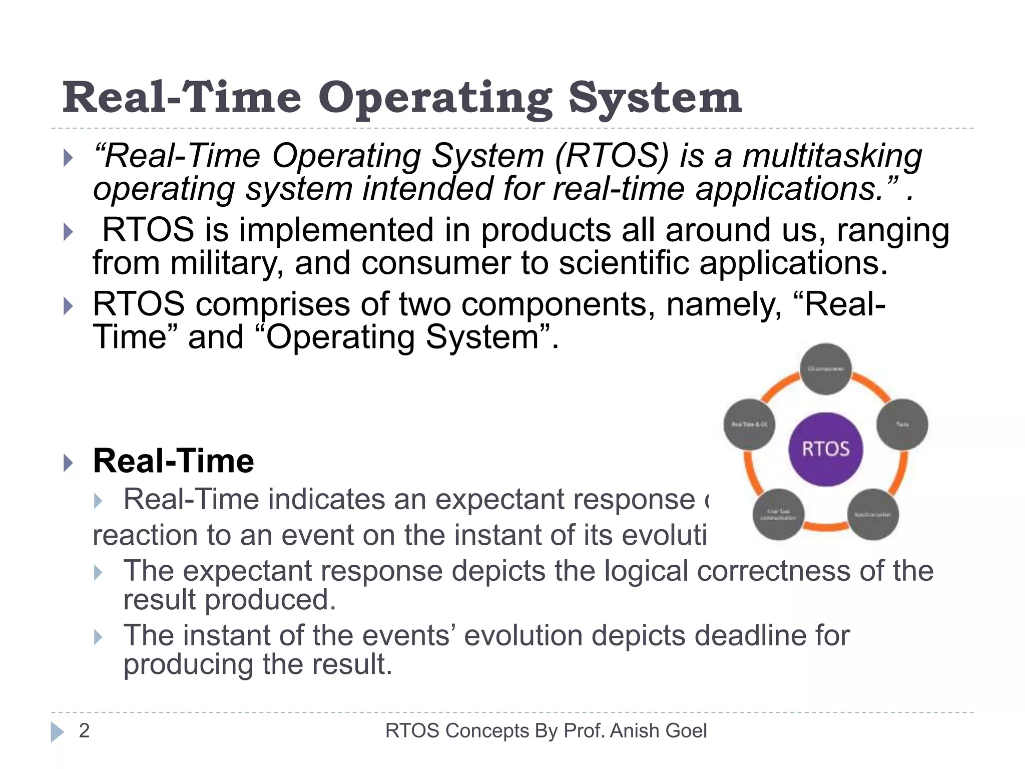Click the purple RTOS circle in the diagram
(x=826, y=449)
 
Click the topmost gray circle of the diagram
(x=826, y=369)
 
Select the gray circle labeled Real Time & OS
(x=749, y=424)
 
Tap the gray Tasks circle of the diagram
(x=902, y=424)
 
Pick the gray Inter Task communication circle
(x=778, y=514)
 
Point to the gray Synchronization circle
(x=873, y=514)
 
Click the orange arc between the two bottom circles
(x=826, y=526)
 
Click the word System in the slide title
(x=655, y=99)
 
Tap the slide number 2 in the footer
(x=84, y=731)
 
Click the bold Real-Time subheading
(x=173, y=461)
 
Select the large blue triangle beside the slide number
(x=57, y=732)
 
